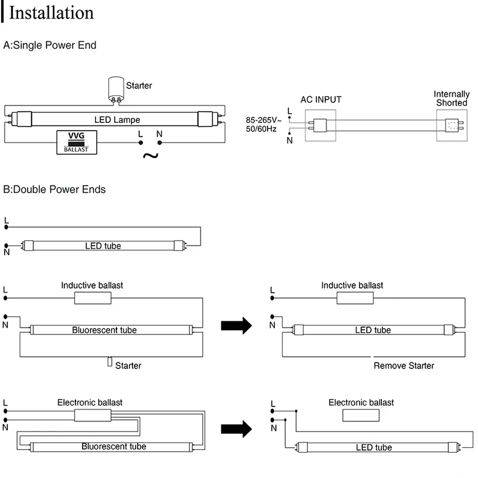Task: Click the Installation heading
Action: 51,13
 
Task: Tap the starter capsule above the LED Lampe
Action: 116,89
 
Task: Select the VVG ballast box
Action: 77,142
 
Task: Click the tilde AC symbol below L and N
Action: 151,156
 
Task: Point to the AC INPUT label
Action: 321,100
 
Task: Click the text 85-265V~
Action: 263,120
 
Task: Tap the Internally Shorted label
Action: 452,98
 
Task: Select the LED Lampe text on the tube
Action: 117,120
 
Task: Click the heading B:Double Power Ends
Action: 54,189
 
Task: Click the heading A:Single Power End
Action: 50,45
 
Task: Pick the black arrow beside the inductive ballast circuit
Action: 237,326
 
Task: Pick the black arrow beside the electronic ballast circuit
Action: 237,429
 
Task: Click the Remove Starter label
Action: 404,366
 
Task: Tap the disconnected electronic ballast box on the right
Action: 361,415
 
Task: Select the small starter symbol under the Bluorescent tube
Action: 110,361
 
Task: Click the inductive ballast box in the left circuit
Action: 93,298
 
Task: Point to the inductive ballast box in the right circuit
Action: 355,298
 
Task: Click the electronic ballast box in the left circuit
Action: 93,415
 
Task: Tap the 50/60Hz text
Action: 261,129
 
